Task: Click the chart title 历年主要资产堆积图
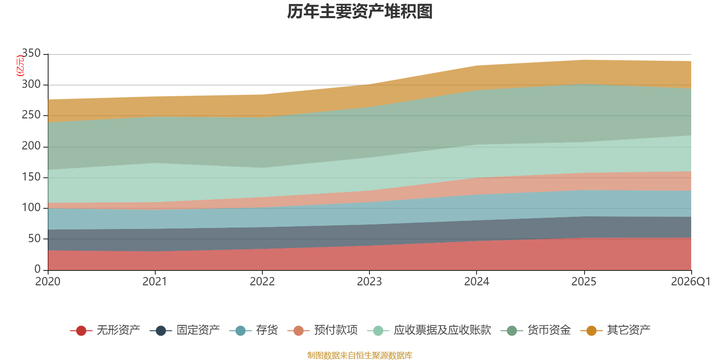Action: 360,12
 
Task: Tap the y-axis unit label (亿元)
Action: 20,66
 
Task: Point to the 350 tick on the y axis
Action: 31,53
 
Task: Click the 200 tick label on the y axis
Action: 31,146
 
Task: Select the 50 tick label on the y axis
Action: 34,238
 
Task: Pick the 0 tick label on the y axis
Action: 38,269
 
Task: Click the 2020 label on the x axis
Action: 48,282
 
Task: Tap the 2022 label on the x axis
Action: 262,282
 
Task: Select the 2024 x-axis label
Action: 477,282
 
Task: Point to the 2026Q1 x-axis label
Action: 691,282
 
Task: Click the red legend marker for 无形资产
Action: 81,330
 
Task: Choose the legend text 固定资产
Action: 198,330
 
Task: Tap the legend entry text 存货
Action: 267,330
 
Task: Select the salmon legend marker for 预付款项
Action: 299,330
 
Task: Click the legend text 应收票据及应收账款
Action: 443,330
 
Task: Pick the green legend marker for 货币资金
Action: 512,330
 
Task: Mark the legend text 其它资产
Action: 629,330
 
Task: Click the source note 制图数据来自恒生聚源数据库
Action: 360,355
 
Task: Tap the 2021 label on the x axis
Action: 155,282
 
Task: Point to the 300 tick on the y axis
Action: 31,84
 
